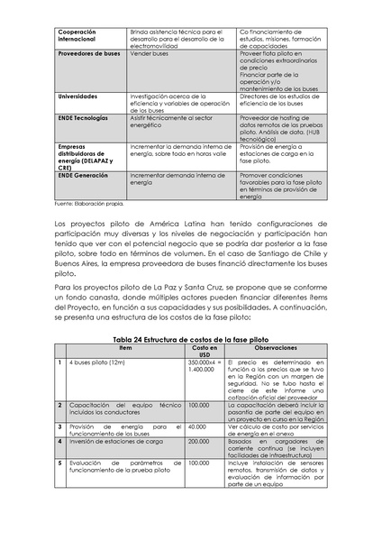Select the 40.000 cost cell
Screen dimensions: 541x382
tap(198, 426)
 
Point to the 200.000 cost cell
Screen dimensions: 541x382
tap(199, 441)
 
